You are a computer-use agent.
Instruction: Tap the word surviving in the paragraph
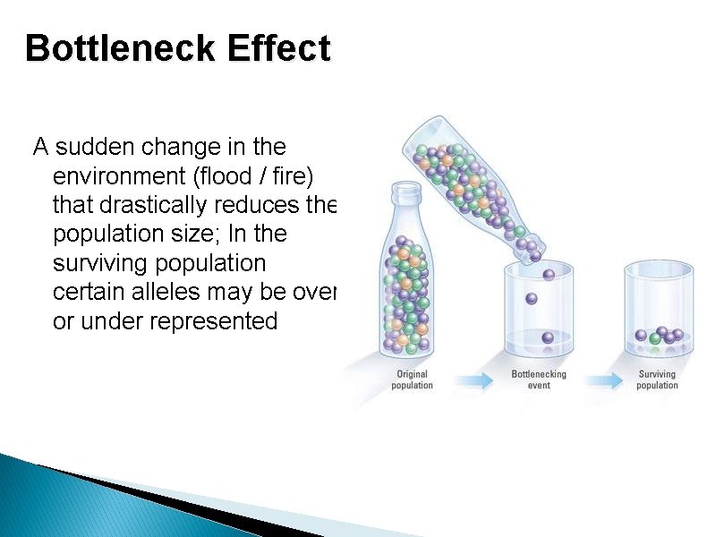click(x=98, y=264)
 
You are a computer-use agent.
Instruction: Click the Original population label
click(x=412, y=379)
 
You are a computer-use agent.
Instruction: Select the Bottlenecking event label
click(x=539, y=379)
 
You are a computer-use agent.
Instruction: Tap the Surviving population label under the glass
click(x=657, y=379)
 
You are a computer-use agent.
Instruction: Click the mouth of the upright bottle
click(x=406, y=188)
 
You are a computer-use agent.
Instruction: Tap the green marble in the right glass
click(x=655, y=338)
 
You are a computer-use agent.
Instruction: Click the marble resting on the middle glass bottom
click(x=548, y=337)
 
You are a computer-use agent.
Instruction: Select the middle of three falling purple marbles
click(x=531, y=298)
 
